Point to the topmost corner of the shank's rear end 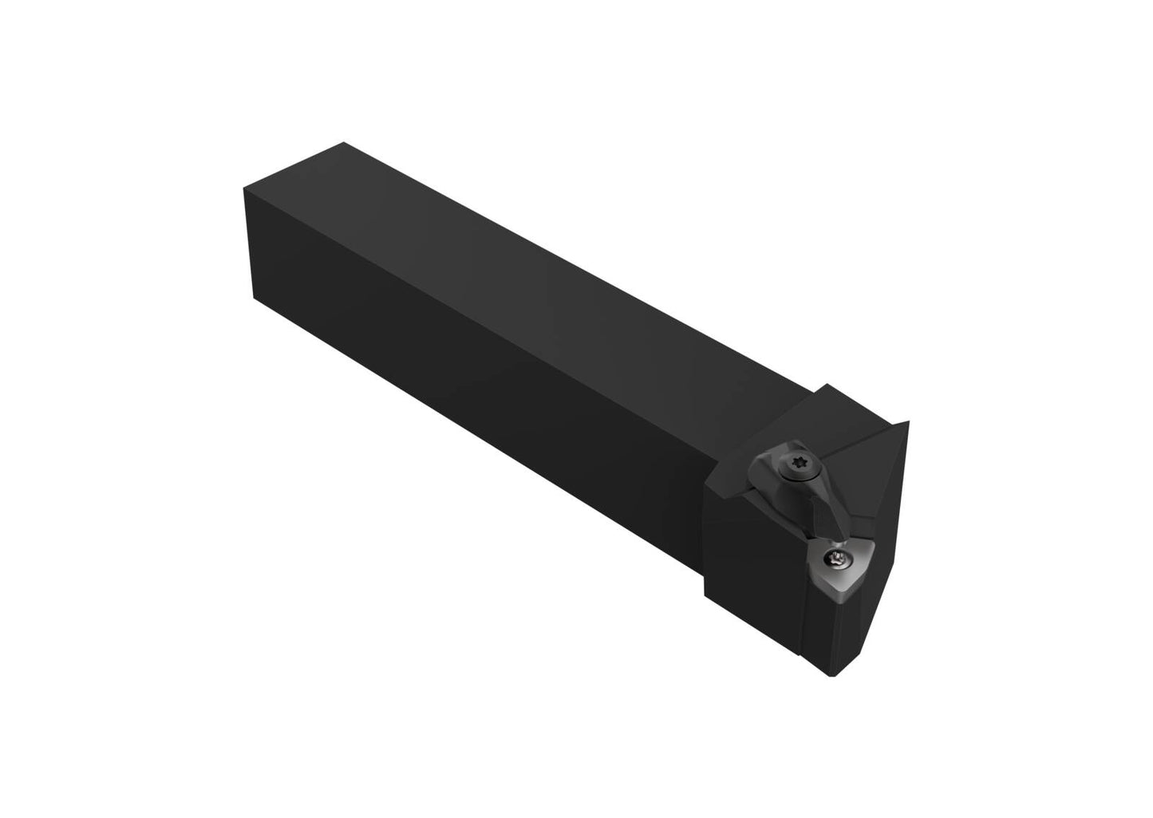point(343,143)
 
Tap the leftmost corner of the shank point(243,192)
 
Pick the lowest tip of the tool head point(835,676)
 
